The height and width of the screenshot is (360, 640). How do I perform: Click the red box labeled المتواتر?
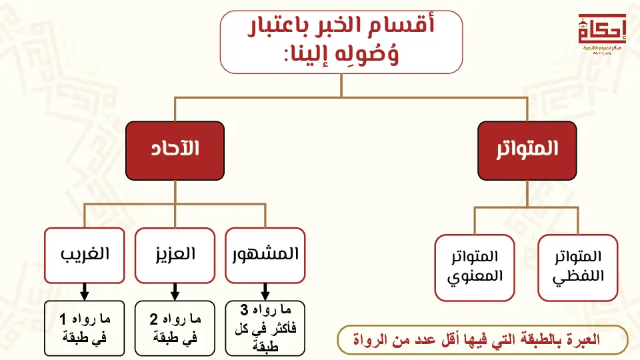coord(527,149)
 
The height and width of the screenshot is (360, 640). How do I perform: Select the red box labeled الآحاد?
coord(175,149)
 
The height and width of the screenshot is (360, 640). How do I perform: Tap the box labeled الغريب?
coord(85,255)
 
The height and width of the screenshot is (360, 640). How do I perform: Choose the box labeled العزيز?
coord(175,255)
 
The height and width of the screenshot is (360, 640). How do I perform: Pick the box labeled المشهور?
coord(265,255)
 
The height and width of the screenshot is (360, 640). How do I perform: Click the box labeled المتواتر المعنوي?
coord(475,267)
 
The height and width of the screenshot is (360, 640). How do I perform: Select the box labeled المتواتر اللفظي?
coord(578,267)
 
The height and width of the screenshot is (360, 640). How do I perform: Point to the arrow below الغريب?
coord(85,291)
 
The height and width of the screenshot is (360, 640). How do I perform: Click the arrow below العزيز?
coord(175,291)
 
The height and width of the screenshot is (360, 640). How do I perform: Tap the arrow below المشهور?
coord(265,291)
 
